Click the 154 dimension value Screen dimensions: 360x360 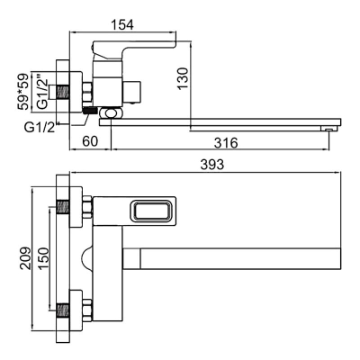(x=122, y=24)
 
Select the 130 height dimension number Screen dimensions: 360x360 (x=183, y=78)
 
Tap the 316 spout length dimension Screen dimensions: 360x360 (x=226, y=143)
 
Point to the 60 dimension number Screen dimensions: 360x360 (x=90, y=141)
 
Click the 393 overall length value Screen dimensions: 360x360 (x=212, y=165)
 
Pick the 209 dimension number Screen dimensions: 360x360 (x=25, y=258)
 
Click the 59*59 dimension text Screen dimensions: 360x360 (x=23, y=91)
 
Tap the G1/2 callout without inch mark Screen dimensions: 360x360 (x=40, y=128)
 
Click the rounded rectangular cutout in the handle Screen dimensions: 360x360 (x=150, y=211)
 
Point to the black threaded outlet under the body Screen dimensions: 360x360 (x=89, y=111)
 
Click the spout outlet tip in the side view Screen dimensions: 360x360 (x=329, y=129)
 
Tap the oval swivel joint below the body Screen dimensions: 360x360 (x=112, y=113)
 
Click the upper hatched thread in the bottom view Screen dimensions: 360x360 (x=63, y=207)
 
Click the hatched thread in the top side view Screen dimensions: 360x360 (x=63, y=92)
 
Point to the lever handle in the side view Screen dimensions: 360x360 (x=134, y=48)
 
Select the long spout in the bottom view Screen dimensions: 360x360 (x=231, y=258)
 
